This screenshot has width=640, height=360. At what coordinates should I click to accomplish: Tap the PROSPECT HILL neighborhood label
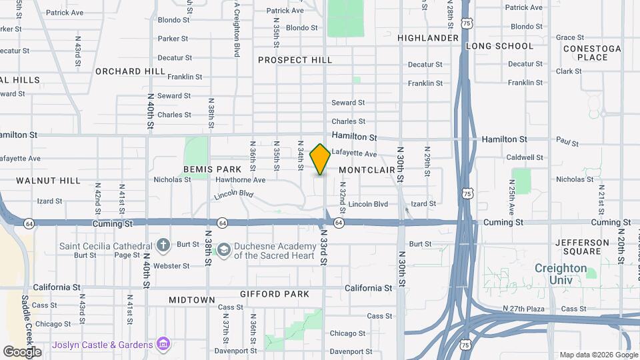point(295,60)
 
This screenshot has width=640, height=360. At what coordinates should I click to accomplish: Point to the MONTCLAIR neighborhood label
point(367,170)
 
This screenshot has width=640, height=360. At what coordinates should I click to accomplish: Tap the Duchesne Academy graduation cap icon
point(224,250)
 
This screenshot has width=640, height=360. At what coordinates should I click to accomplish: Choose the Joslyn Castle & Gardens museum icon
point(163,344)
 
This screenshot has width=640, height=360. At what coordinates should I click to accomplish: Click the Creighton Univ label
point(561,274)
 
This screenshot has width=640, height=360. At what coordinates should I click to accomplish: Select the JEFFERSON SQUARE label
point(582,247)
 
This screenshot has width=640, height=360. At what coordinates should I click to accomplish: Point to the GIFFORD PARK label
point(275,294)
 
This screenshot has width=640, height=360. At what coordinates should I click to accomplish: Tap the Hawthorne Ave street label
point(240,180)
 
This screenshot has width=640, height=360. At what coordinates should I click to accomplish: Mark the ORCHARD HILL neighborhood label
point(130,71)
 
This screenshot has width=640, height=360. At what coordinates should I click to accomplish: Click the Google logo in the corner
point(22,351)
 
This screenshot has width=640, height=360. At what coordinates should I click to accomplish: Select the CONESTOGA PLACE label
point(592,53)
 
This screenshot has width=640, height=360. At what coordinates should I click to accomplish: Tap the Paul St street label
point(567,143)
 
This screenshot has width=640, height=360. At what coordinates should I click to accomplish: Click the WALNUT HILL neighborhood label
point(48,181)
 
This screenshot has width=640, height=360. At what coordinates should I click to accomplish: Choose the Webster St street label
point(171,266)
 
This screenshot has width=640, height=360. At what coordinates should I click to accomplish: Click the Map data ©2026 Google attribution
point(598,355)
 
